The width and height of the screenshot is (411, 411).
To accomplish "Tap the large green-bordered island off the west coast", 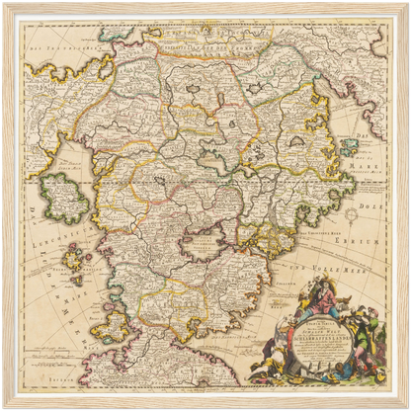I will (x=65, y=198).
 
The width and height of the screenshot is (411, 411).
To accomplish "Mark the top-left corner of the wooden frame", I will (x=6, y=6).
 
